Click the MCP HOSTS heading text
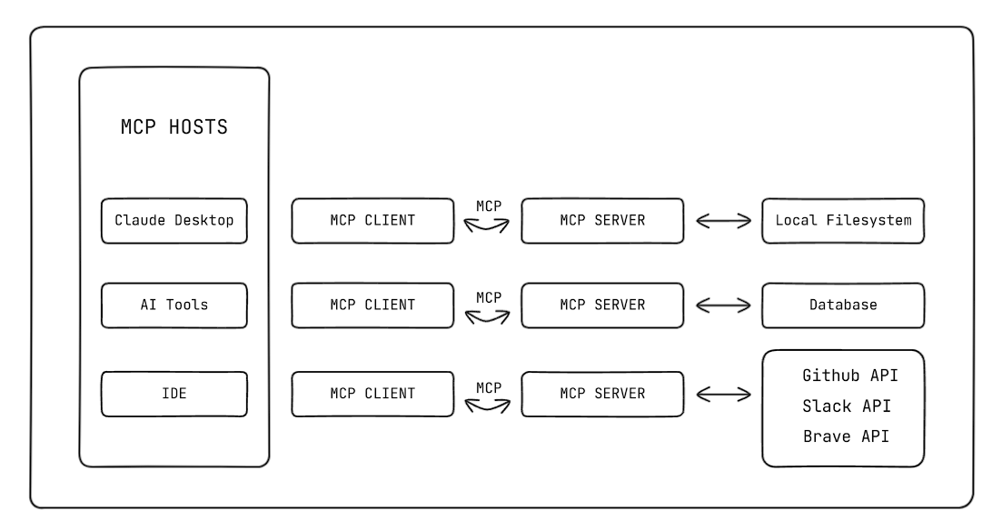click(174, 127)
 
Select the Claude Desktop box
click(174, 221)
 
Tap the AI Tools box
click(174, 305)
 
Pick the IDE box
click(174, 394)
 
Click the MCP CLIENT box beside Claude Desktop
click(372, 221)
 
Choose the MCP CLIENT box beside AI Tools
click(372, 305)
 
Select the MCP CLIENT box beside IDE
click(372, 394)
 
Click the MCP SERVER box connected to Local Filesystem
click(602, 221)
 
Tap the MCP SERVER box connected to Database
click(602, 305)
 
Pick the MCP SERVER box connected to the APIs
click(602, 394)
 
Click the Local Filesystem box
click(843, 221)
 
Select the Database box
click(843, 305)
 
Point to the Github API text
click(850, 376)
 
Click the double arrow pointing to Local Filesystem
click(723, 221)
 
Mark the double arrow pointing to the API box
click(723, 394)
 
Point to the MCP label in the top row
click(489, 207)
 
